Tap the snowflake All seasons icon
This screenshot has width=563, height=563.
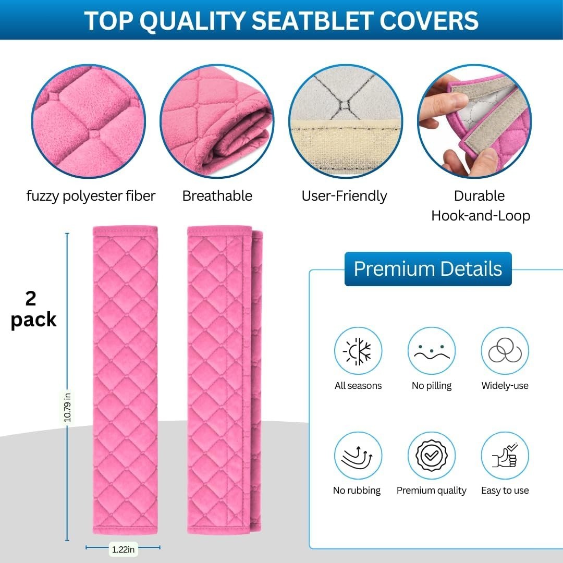[358, 351]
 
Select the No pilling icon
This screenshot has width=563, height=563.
[432, 351]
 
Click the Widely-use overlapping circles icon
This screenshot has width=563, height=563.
[505, 351]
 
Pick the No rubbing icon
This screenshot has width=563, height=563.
[358, 456]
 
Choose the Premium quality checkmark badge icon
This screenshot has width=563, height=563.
[432, 456]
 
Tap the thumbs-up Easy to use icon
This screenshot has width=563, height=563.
[505, 456]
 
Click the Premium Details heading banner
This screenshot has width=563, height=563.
[428, 269]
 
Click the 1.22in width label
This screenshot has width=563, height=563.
[123, 549]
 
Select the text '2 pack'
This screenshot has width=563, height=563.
[33, 309]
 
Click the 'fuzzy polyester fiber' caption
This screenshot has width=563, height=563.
[91, 196]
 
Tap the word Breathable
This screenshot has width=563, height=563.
[217, 196]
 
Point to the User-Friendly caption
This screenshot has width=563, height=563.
[344, 196]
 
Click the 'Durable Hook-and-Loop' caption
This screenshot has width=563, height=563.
[480, 205]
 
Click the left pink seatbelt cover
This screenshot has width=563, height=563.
[125, 380]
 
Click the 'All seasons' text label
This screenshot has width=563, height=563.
[358, 386]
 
